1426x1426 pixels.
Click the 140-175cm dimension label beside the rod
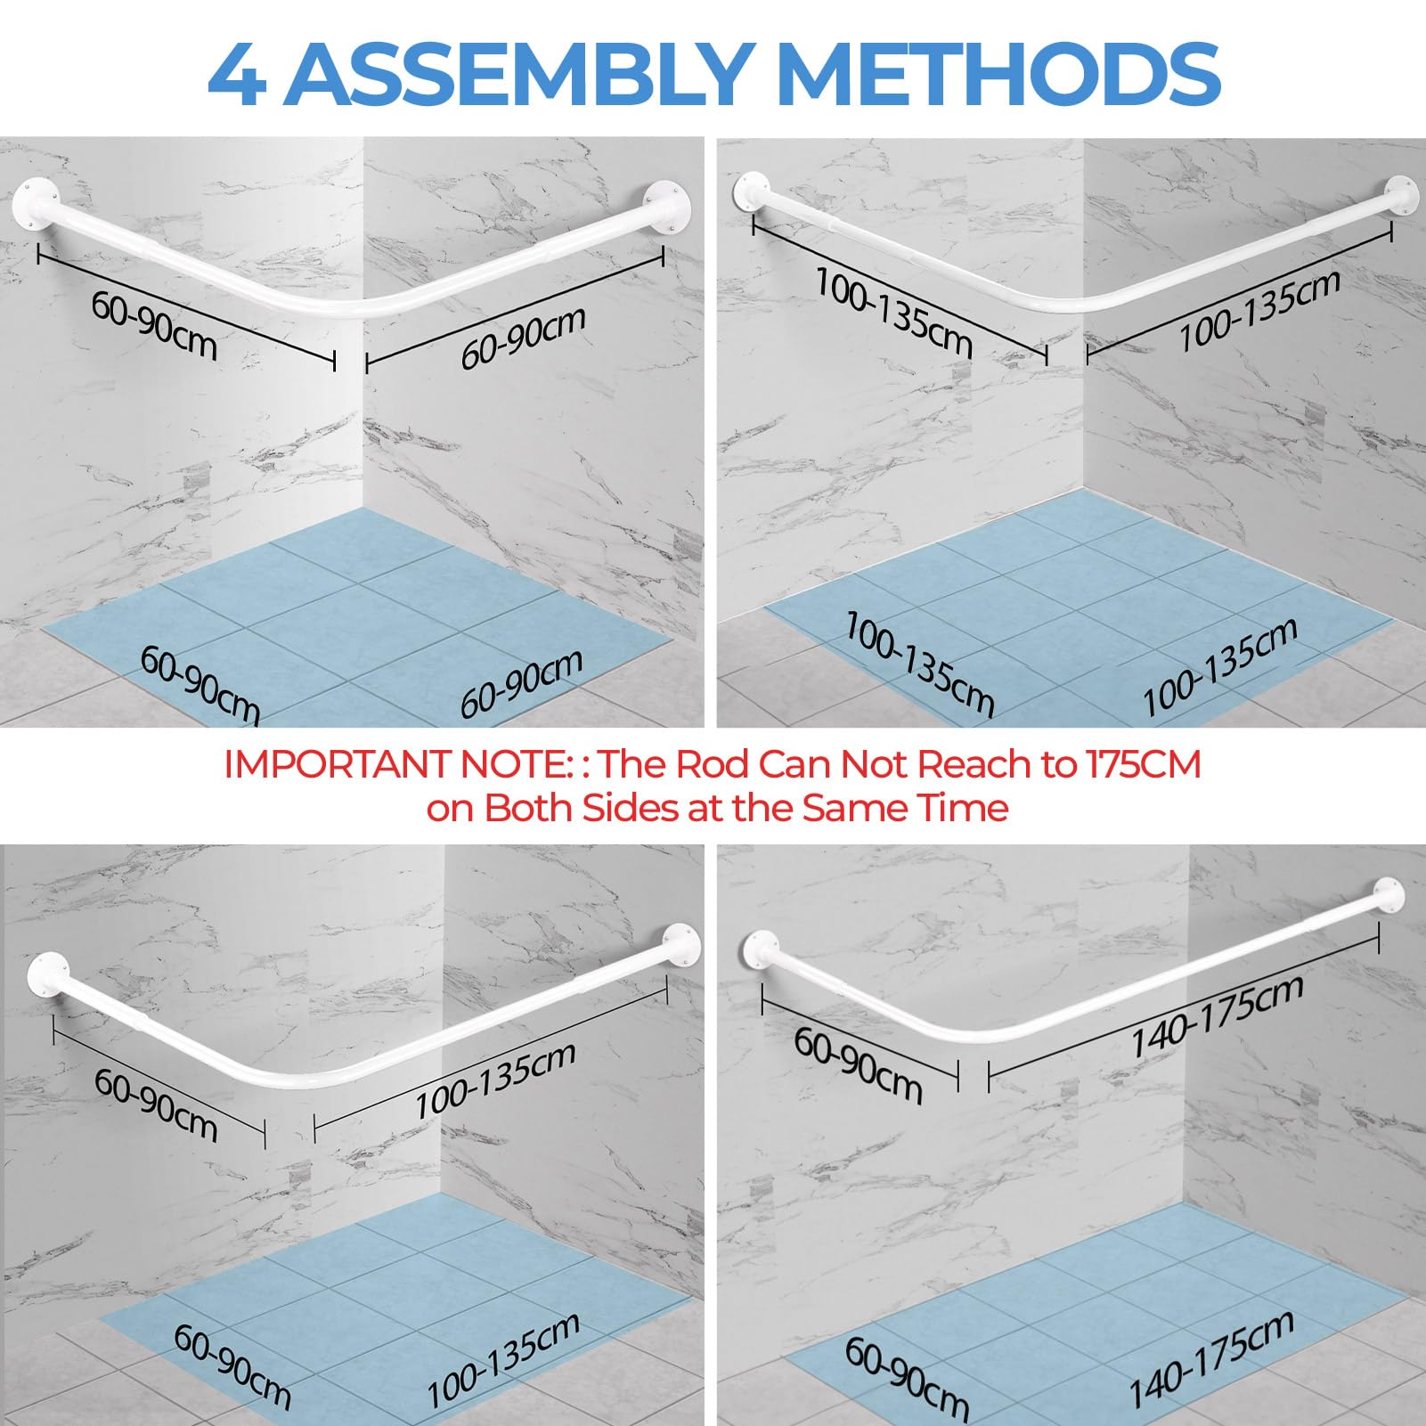pyautogui.click(x=1217, y=1014)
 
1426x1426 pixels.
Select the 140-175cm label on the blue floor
pyautogui.click(x=1212, y=1358)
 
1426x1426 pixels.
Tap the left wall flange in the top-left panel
pyautogui.click(x=35, y=204)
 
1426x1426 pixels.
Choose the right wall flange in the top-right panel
pyautogui.click(x=1402, y=195)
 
